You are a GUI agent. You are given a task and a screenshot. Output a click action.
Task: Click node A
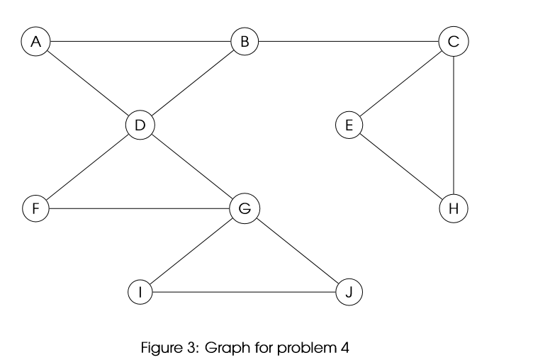coord(35,42)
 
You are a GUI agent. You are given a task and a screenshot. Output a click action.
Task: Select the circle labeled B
coord(245,42)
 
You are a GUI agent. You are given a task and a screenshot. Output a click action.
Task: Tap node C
coord(454,42)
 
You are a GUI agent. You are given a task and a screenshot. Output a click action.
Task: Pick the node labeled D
coord(140,125)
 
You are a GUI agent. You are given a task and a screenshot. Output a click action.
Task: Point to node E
coord(349,125)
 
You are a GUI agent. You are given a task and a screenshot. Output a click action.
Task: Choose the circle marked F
coord(35,208)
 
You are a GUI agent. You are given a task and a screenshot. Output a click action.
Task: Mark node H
coord(454,208)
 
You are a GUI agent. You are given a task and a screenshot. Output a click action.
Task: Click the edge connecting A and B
coord(140,42)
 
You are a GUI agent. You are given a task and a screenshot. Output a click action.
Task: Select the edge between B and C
coord(349,42)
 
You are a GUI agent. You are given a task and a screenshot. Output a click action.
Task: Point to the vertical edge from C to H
coord(454,125)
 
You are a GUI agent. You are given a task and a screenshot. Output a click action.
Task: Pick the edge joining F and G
coord(140,208)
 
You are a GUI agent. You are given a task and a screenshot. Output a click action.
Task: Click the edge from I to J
coord(245,292)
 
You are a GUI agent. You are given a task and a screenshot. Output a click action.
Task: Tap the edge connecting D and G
coord(192,167)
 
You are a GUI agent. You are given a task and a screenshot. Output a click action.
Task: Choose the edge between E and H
coord(401,167)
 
